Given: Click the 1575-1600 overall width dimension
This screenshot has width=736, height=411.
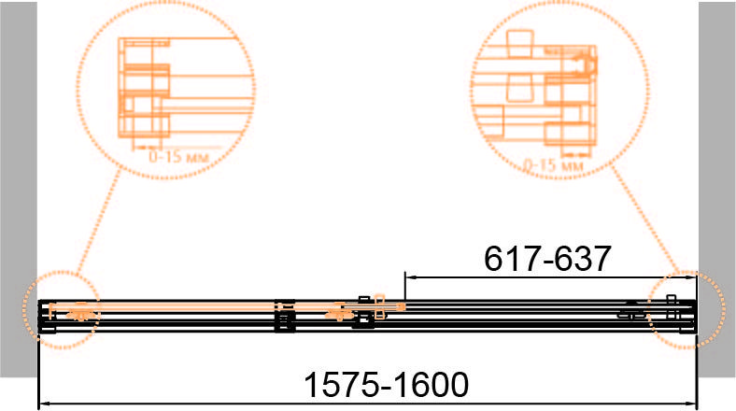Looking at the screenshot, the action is click(x=387, y=385).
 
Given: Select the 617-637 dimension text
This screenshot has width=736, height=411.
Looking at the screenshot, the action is click(x=547, y=259).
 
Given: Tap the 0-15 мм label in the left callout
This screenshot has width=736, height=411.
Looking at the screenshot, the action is click(x=178, y=157).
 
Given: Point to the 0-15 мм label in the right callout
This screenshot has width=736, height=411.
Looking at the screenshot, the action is click(x=553, y=165).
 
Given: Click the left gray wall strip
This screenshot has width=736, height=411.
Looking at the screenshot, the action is click(x=19, y=189).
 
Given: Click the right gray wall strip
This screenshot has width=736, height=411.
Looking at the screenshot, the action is click(x=716, y=189).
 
